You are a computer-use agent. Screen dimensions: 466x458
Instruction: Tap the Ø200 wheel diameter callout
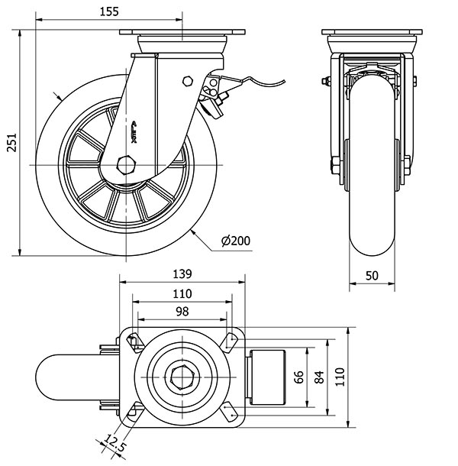[x=236, y=241]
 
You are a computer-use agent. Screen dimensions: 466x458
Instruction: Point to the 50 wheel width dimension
[x=373, y=276]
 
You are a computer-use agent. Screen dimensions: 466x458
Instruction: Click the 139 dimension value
[x=182, y=273]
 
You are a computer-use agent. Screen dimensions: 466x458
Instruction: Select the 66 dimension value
[x=299, y=377]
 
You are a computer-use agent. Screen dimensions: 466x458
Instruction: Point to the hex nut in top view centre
[x=182, y=377]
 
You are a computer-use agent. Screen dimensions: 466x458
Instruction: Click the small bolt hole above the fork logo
[x=187, y=81]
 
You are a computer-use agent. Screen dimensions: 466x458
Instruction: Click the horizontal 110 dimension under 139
[x=182, y=293]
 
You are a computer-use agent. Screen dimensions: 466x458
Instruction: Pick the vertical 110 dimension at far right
[x=341, y=377]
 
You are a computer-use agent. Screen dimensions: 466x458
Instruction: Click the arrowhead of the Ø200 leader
[x=195, y=229]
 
